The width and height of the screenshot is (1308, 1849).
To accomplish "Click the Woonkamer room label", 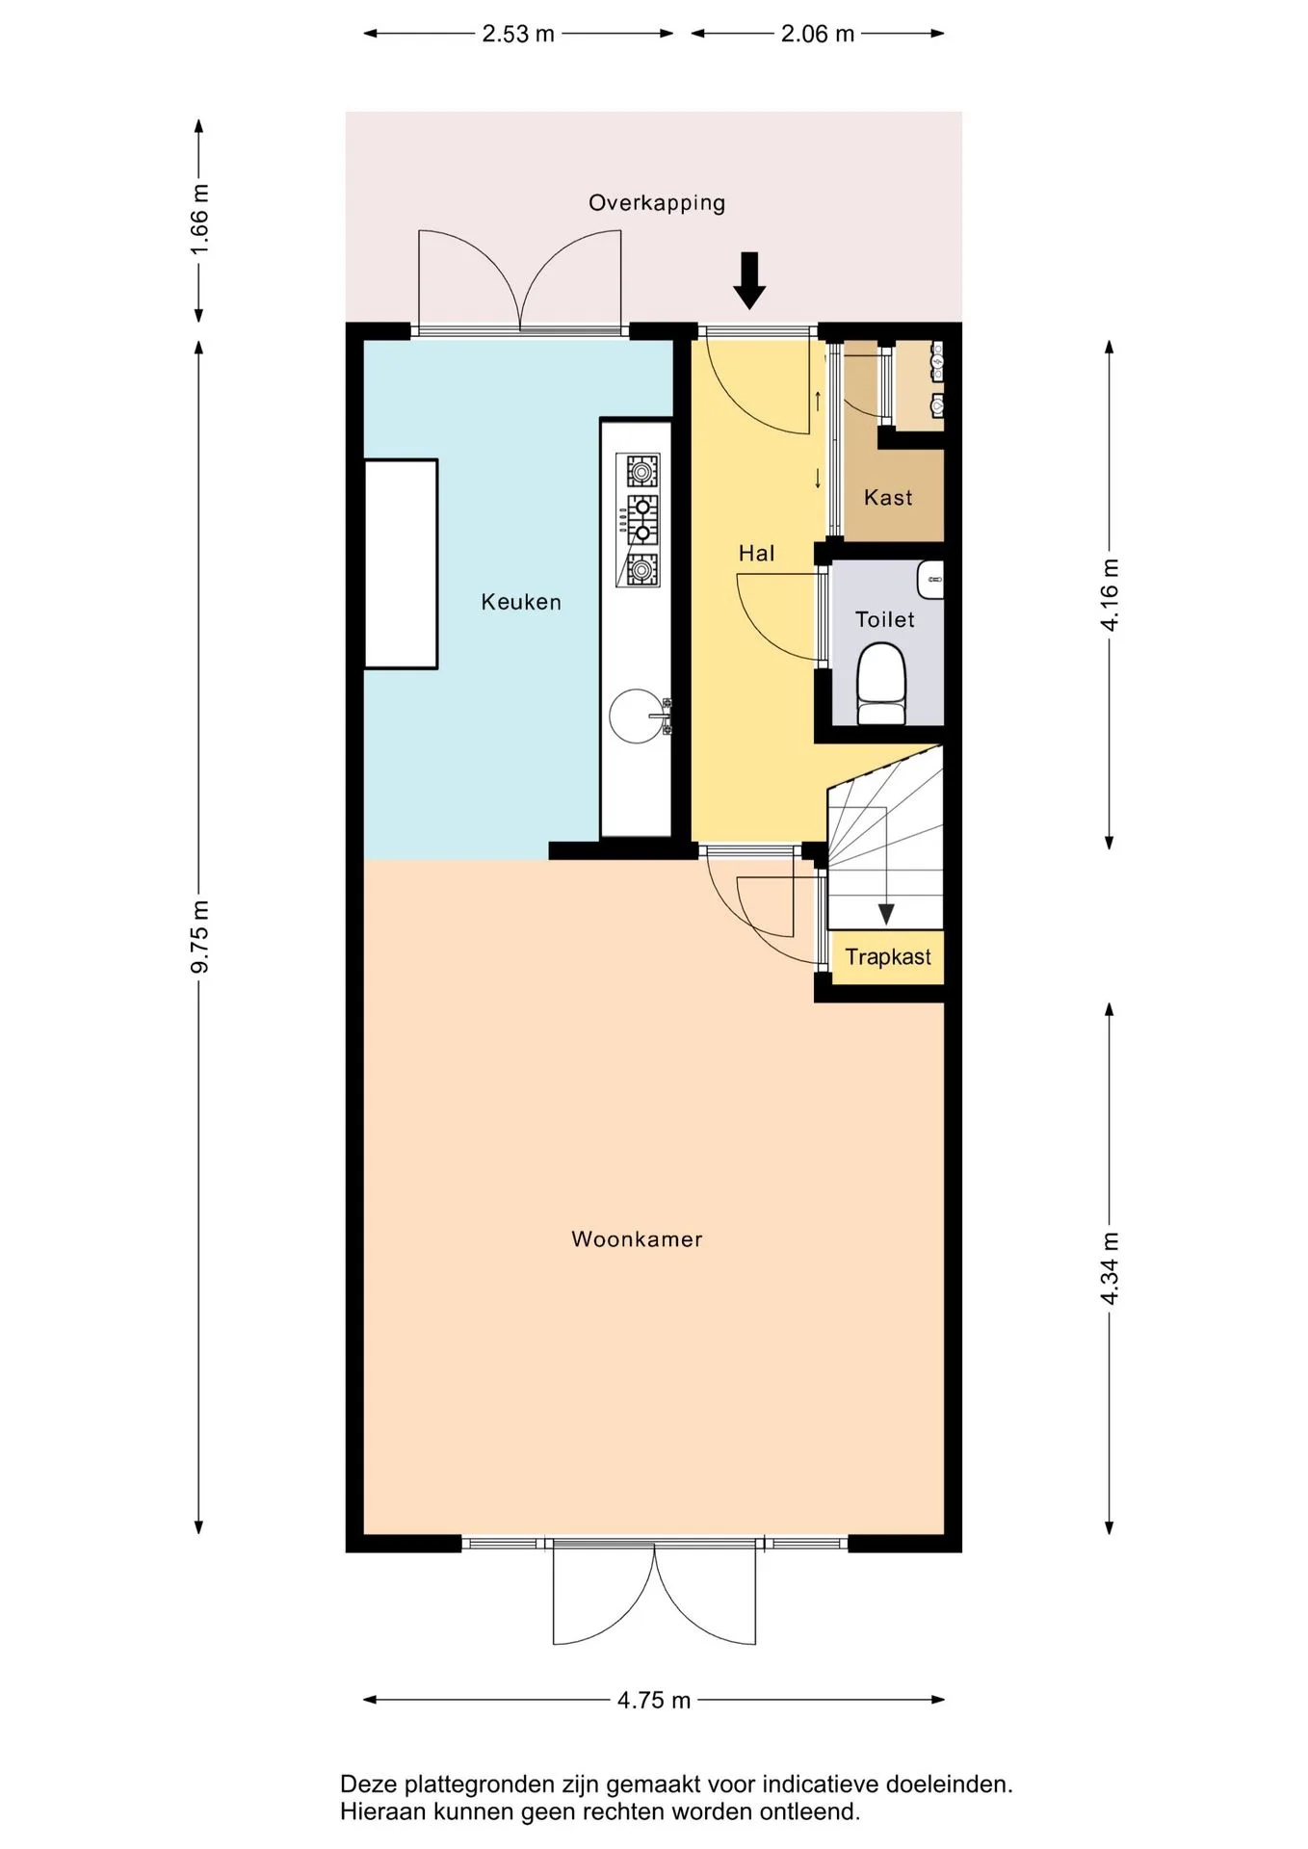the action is coord(637,1239).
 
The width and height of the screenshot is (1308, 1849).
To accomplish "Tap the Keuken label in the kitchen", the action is coord(521,602).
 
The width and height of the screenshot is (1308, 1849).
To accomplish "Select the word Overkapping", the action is coord(657,203).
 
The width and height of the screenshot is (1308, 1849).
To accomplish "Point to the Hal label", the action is coord(756,553).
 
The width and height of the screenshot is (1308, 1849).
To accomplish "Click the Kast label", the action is coord(888,498).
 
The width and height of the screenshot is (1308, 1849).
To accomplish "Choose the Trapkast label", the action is coord(888,957).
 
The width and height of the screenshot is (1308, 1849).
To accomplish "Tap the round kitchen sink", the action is coord(638,716).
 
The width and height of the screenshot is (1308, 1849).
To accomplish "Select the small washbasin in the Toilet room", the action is coord(931,580).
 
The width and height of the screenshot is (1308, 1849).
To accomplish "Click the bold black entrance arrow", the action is coord(749,280).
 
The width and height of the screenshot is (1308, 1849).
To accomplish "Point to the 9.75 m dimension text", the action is coord(199,936).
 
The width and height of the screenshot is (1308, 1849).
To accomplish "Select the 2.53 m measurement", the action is coord(518,34).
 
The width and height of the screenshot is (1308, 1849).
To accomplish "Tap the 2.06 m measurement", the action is coord(818,34).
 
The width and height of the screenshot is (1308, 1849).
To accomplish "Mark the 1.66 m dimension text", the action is coord(199,221).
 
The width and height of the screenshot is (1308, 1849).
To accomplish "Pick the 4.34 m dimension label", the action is coord(1110,1268).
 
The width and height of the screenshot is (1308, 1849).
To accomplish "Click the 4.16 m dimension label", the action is coord(1110,595).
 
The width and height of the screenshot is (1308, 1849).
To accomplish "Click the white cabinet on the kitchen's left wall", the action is coord(401,563).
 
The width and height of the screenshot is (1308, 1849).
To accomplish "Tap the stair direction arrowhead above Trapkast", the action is coord(885,915).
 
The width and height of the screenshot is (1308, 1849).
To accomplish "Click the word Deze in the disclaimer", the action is coord(368,1784).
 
